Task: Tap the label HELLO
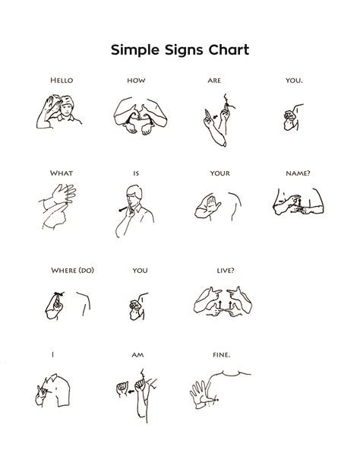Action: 62,80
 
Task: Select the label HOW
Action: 136,80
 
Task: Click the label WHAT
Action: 62,173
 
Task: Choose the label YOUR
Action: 220,173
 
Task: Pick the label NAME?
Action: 298,173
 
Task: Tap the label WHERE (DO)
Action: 69,270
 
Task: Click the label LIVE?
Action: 225,270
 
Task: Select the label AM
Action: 137,354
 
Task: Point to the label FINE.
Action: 222,354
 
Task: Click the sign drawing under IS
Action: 134,209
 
